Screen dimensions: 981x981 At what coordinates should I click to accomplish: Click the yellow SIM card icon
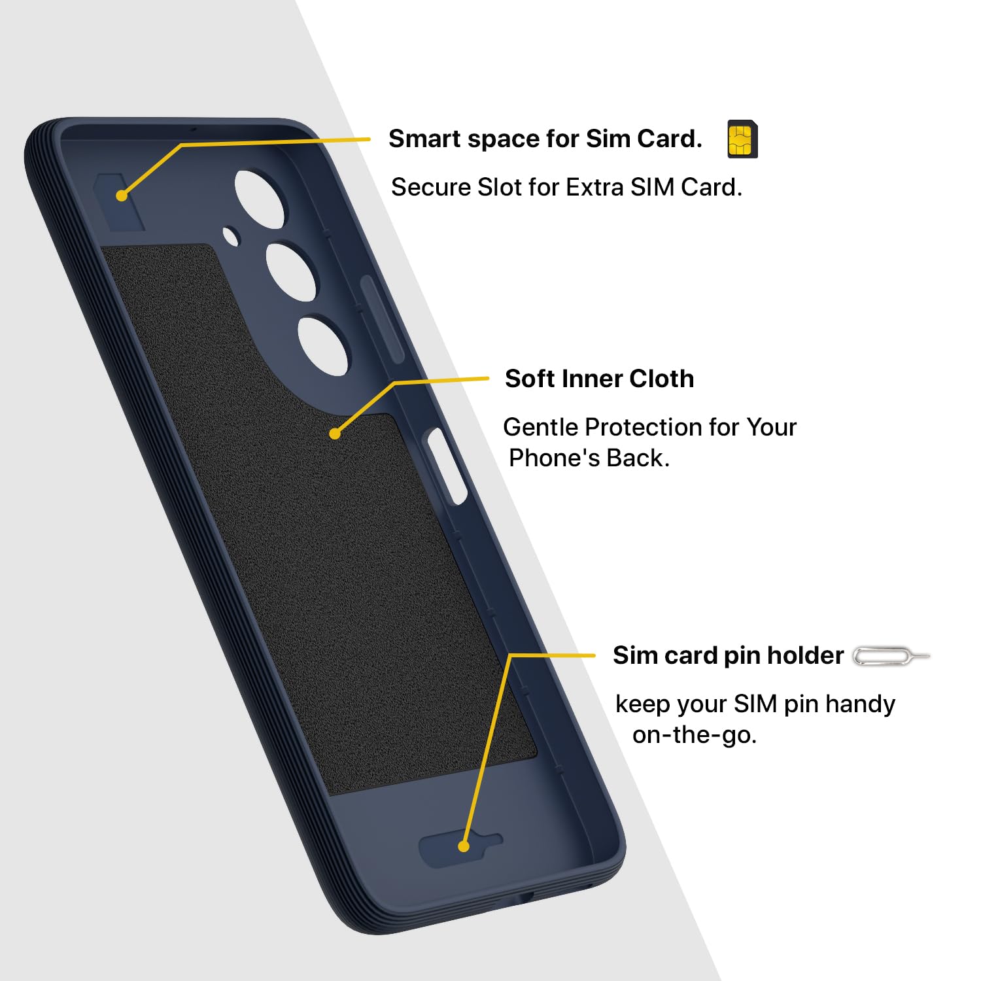pyautogui.click(x=742, y=139)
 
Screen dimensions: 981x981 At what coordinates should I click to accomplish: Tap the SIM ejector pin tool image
pyautogui.click(x=891, y=656)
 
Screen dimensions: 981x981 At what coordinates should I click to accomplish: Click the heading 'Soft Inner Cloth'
pyautogui.click(x=599, y=379)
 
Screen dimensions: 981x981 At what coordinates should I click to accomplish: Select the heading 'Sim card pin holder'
pyautogui.click(x=728, y=655)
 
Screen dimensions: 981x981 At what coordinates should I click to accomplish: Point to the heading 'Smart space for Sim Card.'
pyautogui.click(x=545, y=139)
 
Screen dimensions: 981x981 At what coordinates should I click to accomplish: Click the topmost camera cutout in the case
pyautogui.click(x=260, y=199)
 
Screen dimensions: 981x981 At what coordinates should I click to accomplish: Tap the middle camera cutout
pyautogui.click(x=291, y=272)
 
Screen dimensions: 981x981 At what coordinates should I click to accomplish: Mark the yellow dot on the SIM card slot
pyautogui.click(x=122, y=196)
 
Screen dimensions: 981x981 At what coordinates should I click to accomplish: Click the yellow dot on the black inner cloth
pyautogui.click(x=335, y=434)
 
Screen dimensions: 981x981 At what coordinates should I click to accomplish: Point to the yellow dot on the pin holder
pyautogui.click(x=464, y=846)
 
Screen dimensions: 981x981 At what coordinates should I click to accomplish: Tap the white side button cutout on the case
pyautogui.click(x=447, y=466)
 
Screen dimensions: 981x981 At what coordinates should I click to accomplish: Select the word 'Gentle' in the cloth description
pyautogui.click(x=541, y=427)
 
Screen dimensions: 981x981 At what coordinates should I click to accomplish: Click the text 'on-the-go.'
pyautogui.click(x=695, y=735)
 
